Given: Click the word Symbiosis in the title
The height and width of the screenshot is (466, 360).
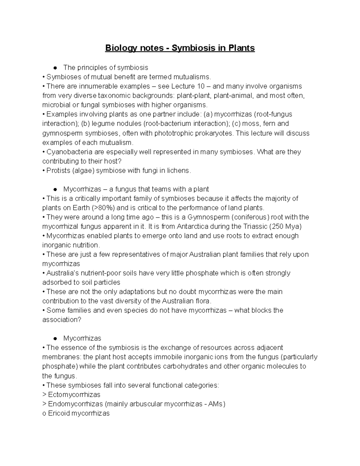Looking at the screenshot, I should pos(191,48).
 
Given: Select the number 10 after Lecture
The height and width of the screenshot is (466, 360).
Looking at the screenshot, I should pos(201,86).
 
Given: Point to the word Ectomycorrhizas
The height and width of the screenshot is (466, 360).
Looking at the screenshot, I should pos(74,395).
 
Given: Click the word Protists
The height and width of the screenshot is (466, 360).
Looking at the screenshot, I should pos(58,171).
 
